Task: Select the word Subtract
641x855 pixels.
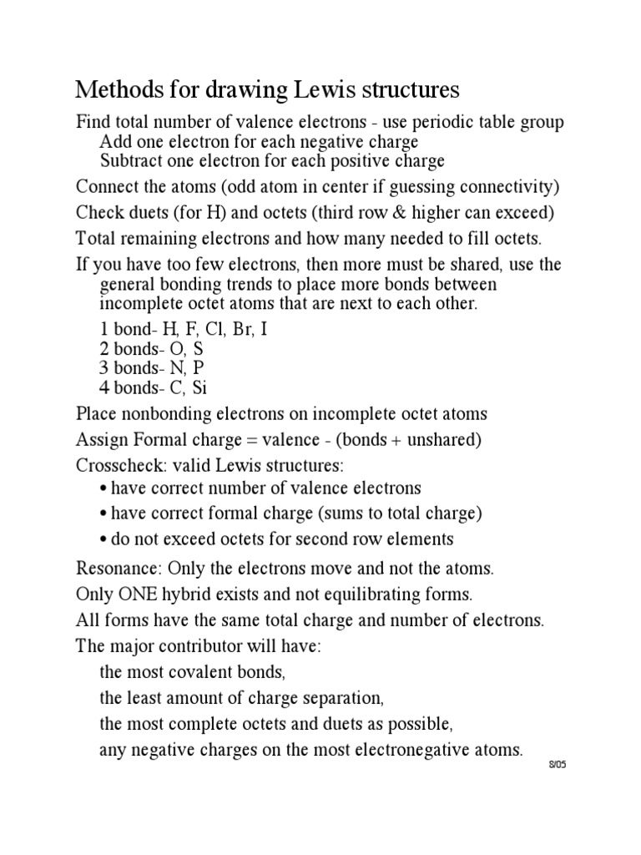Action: point(132,161)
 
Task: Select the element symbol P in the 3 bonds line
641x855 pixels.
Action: point(198,368)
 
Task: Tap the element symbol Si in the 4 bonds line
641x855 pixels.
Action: point(199,388)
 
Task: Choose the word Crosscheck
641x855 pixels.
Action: point(118,463)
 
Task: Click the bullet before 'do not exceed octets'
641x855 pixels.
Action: point(103,539)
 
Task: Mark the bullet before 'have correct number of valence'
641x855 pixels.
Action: point(103,488)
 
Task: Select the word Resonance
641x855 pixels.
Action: point(117,569)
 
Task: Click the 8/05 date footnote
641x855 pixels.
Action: point(557,765)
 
